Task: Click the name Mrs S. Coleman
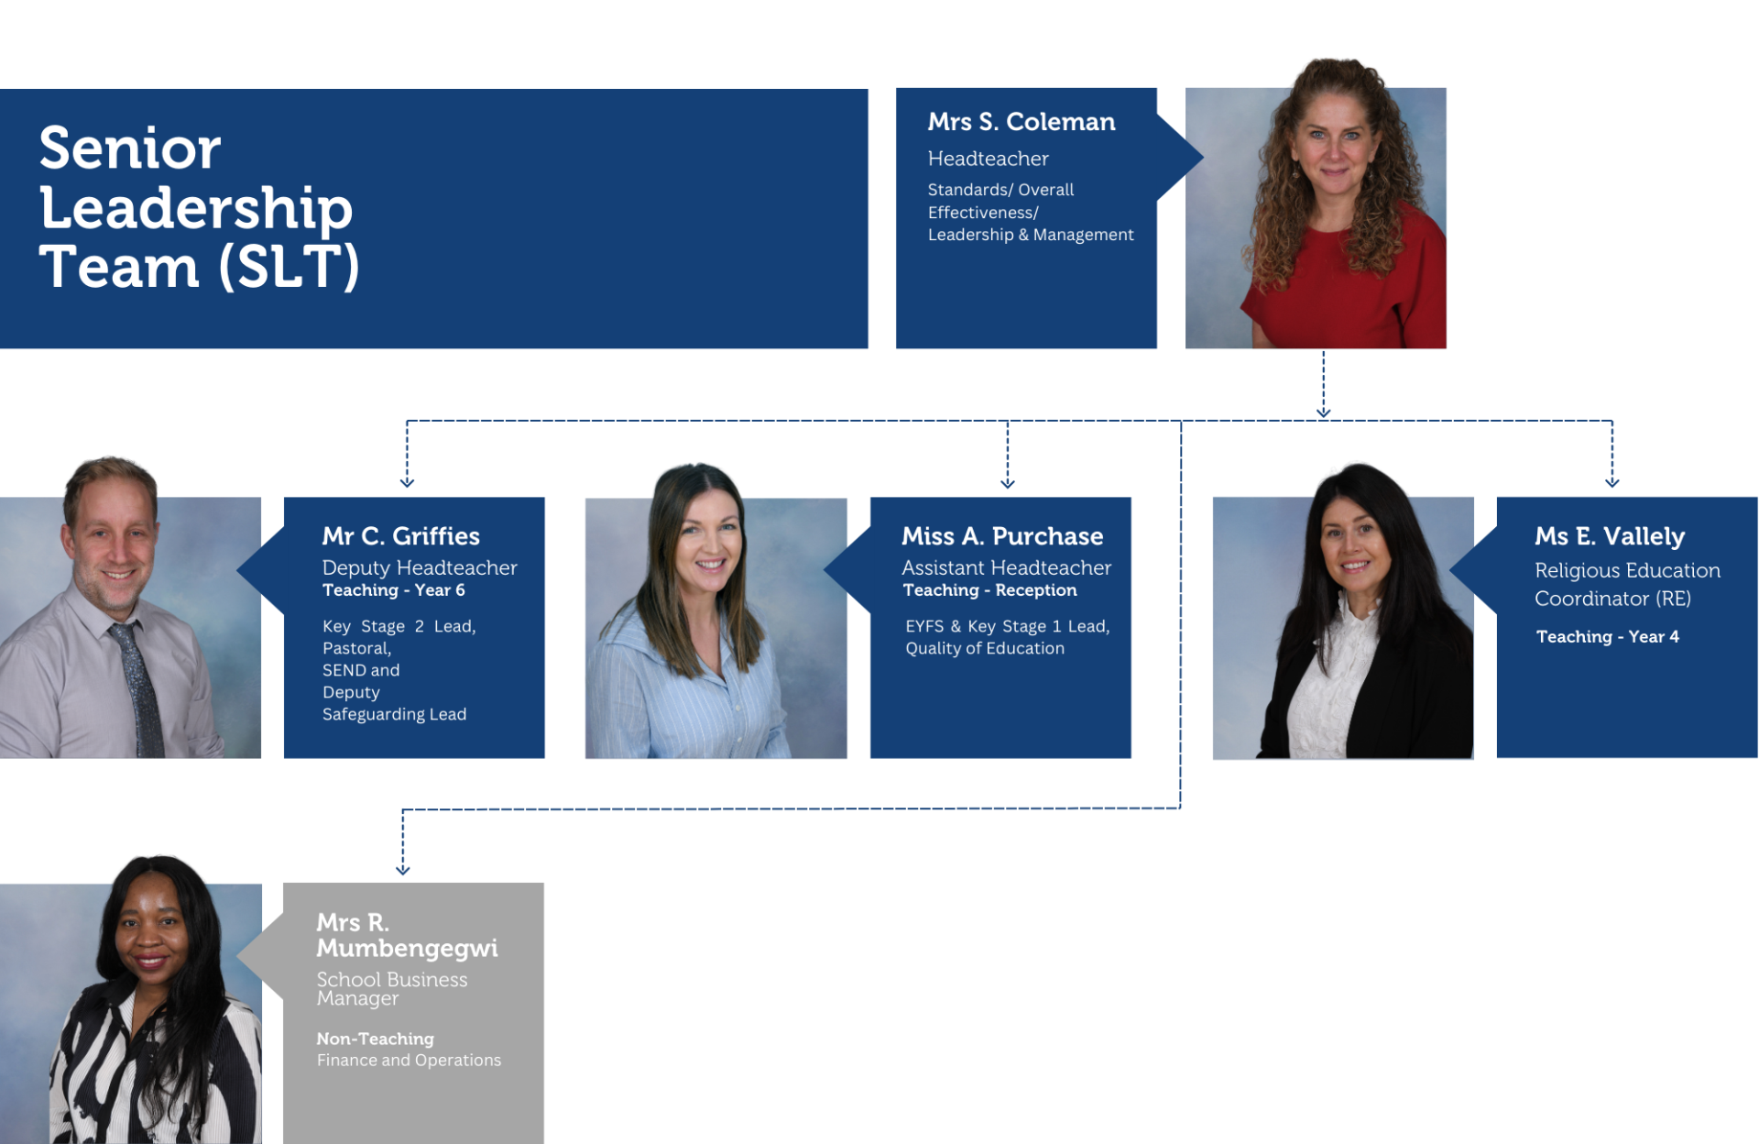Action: click(1021, 122)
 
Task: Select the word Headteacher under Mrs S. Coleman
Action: click(988, 159)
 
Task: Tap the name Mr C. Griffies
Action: click(400, 536)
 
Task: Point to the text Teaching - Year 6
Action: click(393, 590)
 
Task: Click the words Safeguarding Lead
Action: click(394, 714)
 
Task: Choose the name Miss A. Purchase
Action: click(1002, 536)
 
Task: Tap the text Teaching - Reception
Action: click(989, 590)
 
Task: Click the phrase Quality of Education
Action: click(985, 648)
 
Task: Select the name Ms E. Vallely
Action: click(1610, 536)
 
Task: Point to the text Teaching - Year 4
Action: click(1607, 637)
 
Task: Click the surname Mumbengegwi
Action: click(407, 948)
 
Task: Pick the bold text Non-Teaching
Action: click(375, 1039)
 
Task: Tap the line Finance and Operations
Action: click(409, 1061)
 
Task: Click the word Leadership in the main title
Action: click(195, 208)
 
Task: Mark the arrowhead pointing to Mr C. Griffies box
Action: click(407, 481)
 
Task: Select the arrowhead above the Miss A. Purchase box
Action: click(1008, 482)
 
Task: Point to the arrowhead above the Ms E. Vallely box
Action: click(1612, 481)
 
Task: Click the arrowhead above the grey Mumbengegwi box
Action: click(402, 869)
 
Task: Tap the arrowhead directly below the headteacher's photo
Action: click(1323, 412)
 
